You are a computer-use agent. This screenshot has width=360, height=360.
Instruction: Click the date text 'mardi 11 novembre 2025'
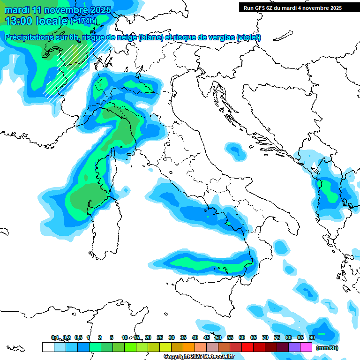click(58, 10)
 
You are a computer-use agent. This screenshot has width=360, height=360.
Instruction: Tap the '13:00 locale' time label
click(36, 21)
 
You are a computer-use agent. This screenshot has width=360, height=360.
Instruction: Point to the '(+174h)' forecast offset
click(83, 21)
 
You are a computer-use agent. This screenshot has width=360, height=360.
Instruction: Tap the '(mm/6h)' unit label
click(327, 347)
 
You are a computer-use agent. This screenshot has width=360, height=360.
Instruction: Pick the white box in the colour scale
click(48, 347)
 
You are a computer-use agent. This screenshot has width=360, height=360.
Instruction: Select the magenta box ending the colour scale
click(306, 347)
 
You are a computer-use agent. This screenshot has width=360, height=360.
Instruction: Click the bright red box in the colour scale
click(247, 347)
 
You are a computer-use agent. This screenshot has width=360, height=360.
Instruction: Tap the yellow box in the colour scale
click(165, 347)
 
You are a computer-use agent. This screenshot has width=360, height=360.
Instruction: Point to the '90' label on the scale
click(312, 337)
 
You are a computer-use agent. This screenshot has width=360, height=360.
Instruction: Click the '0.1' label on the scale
click(55, 337)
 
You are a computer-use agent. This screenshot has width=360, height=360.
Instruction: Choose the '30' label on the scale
click(172, 337)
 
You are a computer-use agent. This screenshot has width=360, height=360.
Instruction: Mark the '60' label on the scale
click(242, 337)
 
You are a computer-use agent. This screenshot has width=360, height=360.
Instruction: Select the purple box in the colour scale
click(294, 347)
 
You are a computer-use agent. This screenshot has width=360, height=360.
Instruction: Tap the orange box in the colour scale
click(189, 347)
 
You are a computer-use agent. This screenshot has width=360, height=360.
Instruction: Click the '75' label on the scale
click(277, 337)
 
